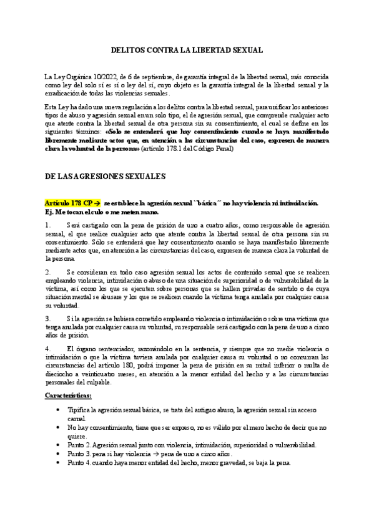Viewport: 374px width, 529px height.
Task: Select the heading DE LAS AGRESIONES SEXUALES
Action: pyautogui.click(x=105, y=177)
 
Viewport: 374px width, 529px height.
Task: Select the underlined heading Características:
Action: pyautogui.click(x=69, y=396)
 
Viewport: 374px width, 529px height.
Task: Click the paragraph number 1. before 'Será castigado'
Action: pyautogui.click(x=48, y=225)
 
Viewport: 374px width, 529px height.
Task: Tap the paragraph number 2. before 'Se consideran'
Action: pyautogui.click(x=48, y=273)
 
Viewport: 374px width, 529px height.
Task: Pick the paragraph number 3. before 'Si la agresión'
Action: pyautogui.click(x=48, y=318)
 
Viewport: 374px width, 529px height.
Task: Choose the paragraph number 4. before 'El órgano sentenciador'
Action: pyautogui.click(x=48, y=348)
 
